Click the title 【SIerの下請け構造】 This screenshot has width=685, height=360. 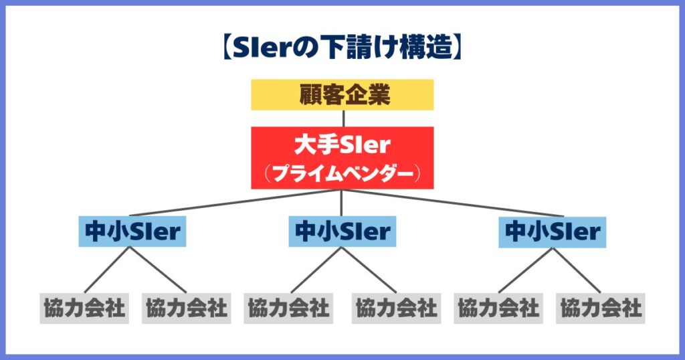342,48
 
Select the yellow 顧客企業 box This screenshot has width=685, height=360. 342,95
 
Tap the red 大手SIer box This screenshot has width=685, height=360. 342,158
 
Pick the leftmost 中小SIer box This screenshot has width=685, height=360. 132,232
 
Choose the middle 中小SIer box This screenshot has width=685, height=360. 342,232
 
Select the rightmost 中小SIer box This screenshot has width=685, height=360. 552,232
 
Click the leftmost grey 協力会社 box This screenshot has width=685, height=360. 84,308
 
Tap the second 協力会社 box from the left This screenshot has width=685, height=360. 186,308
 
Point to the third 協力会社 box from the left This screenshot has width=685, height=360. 288,308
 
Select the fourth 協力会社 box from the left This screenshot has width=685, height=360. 396,308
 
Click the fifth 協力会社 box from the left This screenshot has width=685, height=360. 498,308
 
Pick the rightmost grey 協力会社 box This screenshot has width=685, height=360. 600,308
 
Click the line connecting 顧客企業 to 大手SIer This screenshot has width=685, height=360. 343,118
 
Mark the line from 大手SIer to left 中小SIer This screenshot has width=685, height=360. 236,203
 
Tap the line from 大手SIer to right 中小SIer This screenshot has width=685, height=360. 453,203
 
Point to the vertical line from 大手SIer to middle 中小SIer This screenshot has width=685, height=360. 341,203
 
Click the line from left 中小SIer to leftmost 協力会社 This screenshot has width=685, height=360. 107,270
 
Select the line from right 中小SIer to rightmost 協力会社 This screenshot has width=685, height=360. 577,270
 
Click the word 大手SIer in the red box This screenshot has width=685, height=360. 342,145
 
